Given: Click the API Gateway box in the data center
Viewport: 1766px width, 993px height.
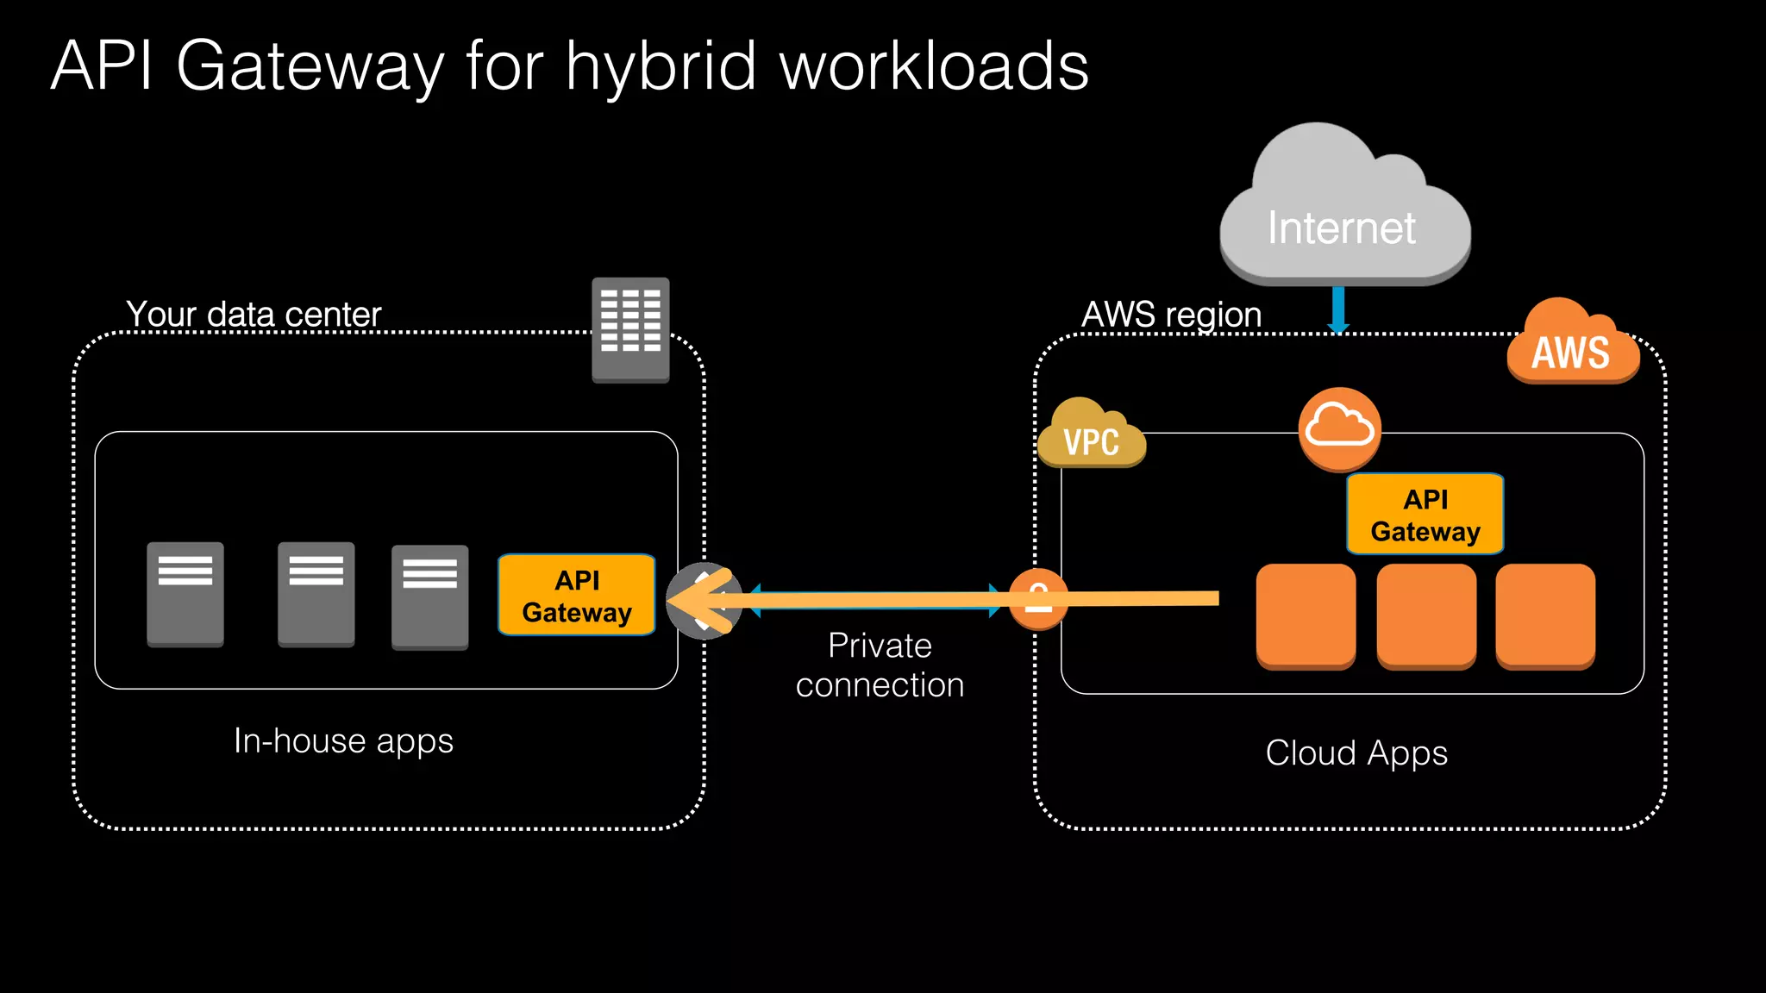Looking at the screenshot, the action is [576, 596].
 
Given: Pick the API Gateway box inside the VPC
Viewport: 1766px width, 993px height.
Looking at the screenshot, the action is [1425, 515].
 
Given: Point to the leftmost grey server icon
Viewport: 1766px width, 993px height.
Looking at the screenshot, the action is [185, 594].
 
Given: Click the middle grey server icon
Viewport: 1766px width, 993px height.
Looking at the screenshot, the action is [316, 594].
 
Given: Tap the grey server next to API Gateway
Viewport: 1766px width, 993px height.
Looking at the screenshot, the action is [429, 596].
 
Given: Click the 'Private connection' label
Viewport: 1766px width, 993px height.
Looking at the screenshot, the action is [880, 665].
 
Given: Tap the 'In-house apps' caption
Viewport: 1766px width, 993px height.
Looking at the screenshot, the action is [343, 741].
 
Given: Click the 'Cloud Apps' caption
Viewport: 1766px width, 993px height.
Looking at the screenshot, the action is [1356, 753].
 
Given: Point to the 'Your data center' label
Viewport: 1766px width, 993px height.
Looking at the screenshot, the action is [254, 315].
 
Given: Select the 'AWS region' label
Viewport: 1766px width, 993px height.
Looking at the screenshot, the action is [1171, 315].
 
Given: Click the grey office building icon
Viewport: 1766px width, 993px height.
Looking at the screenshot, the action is [630, 329].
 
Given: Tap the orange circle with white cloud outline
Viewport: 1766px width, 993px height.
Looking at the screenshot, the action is [1339, 428].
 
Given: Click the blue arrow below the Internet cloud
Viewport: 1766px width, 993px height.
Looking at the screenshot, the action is [1338, 310].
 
